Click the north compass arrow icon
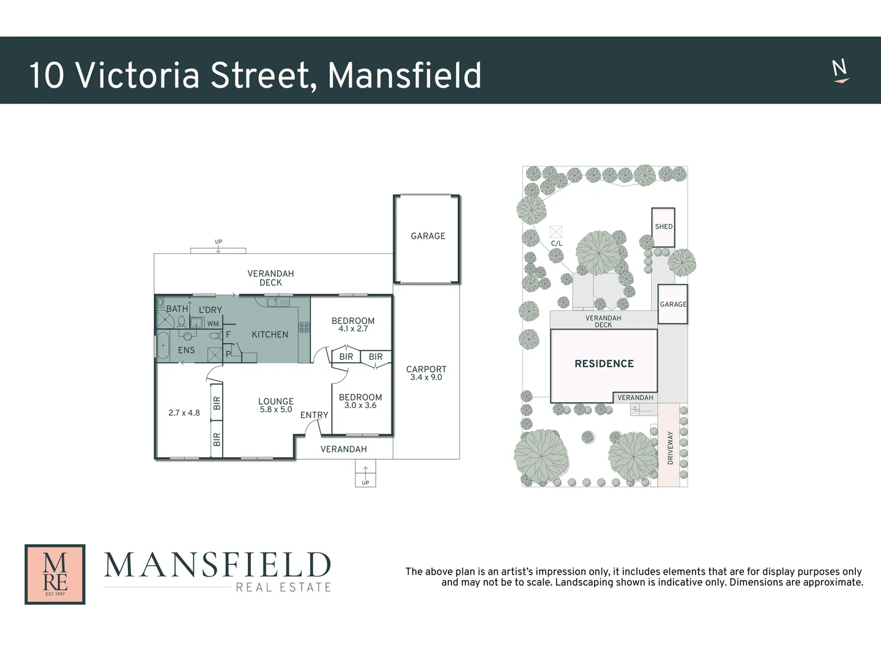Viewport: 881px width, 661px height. click(841, 71)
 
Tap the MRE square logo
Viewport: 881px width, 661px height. click(55, 574)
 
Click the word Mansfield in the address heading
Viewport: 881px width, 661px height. click(404, 75)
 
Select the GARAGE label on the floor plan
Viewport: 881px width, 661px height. click(428, 236)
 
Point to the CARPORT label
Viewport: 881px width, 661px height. click(426, 369)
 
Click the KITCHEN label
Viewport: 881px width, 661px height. click(270, 335)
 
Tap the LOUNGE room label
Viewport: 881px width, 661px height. click(276, 401)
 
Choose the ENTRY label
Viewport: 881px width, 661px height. click(314, 415)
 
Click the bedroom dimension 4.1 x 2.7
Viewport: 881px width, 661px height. click(353, 329)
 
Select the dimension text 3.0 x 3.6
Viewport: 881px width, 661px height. click(360, 406)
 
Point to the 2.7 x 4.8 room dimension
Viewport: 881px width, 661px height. click(184, 413)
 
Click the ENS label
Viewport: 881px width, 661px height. click(186, 351)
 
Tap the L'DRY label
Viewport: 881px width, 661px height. click(210, 310)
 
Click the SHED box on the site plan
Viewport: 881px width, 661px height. click(664, 227)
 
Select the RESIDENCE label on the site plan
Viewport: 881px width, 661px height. click(604, 364)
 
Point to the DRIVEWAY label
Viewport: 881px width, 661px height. click(670, 447)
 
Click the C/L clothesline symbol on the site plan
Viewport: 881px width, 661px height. click(556, 232)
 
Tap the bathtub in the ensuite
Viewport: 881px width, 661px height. click(163, 346)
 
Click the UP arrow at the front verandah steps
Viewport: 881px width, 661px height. click(365, 472)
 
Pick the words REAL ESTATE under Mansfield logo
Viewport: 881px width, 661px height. click(284, 588)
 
